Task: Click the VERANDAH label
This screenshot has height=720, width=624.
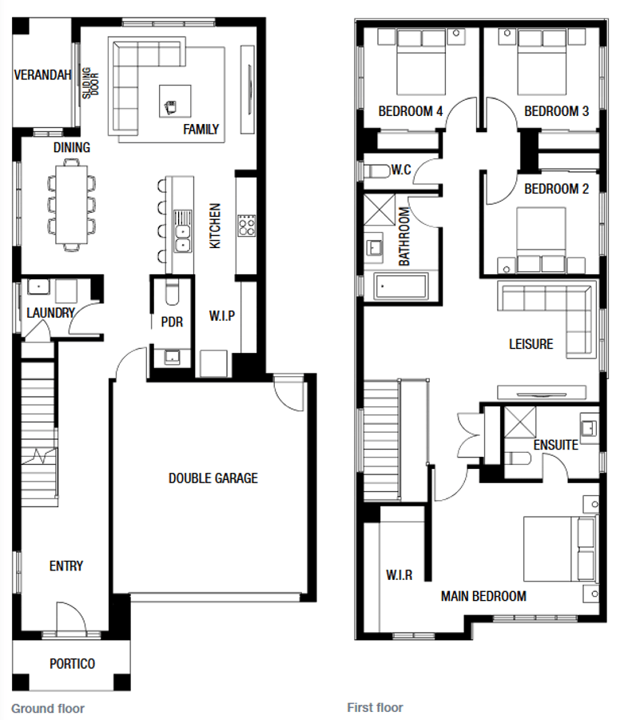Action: [42, 75]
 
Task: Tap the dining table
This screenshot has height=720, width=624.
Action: [72, 205]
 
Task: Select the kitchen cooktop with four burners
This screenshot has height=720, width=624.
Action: [247, 226]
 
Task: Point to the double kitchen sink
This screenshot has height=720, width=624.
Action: [182, 238]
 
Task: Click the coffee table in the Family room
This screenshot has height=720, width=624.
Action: [175, 101]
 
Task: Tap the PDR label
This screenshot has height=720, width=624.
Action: [172, 322]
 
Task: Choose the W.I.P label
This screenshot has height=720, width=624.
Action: [222, 316]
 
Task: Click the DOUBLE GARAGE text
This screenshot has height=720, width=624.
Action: [213, 478]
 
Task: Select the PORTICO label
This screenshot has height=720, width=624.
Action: [72, 663]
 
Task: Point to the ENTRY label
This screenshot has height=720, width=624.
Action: [66, 566]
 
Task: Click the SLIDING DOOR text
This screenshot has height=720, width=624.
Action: [90, 83]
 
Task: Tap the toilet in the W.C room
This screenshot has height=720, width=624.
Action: [377, 171]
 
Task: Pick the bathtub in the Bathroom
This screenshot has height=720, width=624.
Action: [402, 286]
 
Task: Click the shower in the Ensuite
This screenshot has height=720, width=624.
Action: [520, 422]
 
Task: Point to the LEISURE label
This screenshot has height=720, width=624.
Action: [531, 344]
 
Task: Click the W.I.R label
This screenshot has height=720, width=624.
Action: [399, 574]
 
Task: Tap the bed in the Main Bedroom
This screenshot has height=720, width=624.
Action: [560, 549]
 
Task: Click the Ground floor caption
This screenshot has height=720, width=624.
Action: [48, 708]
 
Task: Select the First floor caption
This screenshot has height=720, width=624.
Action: [375, 708]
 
